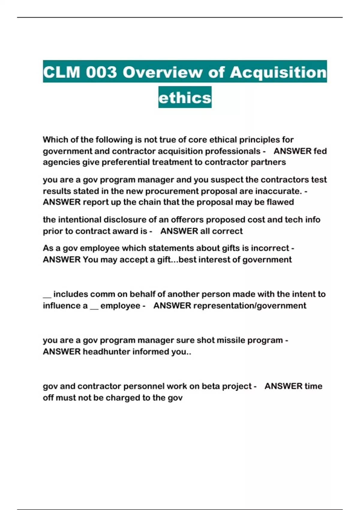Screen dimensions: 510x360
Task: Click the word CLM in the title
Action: point(61,72)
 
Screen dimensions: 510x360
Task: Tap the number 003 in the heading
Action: point(101,72)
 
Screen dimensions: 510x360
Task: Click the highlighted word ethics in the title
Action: point(185,97)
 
